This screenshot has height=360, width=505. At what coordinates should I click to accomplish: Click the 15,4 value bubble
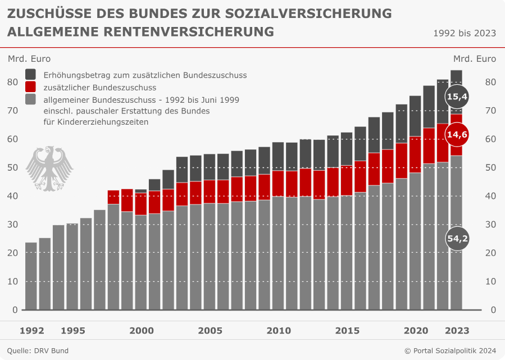[457, 97]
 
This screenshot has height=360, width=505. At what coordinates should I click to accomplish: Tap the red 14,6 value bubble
[457, 134]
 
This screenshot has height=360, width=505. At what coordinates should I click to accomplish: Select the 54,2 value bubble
[457, 239]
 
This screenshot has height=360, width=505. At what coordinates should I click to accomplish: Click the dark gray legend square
[31, 75]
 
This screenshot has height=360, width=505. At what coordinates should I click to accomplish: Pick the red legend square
[31, 87]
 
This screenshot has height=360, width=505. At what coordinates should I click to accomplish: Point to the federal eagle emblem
[50, 168]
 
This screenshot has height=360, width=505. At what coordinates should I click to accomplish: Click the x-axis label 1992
[31, 331]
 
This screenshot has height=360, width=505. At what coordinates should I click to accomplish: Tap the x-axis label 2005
[210, 331]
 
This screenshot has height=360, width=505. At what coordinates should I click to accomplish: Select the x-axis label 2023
[456, 331]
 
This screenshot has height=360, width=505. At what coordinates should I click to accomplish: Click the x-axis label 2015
[347, 331]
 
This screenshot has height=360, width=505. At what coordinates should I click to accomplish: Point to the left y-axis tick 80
[12, 82]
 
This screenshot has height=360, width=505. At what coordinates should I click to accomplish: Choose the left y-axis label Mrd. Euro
[29, 58]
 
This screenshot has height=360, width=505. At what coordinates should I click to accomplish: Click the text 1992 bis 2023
[464, 33]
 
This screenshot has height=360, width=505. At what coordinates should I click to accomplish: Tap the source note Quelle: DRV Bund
[38, 351]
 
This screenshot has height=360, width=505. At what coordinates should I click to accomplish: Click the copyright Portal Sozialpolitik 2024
[450, 351]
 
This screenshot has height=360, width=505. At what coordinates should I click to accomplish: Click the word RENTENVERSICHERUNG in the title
[189, 32]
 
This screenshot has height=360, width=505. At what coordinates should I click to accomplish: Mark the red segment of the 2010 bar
[278, 184]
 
